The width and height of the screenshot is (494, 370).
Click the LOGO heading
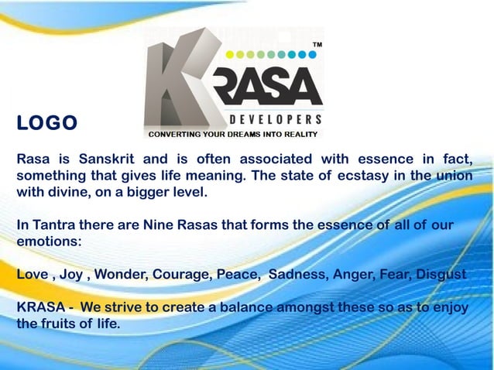47,124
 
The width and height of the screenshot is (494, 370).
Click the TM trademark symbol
317,46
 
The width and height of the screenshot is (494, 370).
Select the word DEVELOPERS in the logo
276,120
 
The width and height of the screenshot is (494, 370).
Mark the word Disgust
441,275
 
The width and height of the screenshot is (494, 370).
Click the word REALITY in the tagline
300,134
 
